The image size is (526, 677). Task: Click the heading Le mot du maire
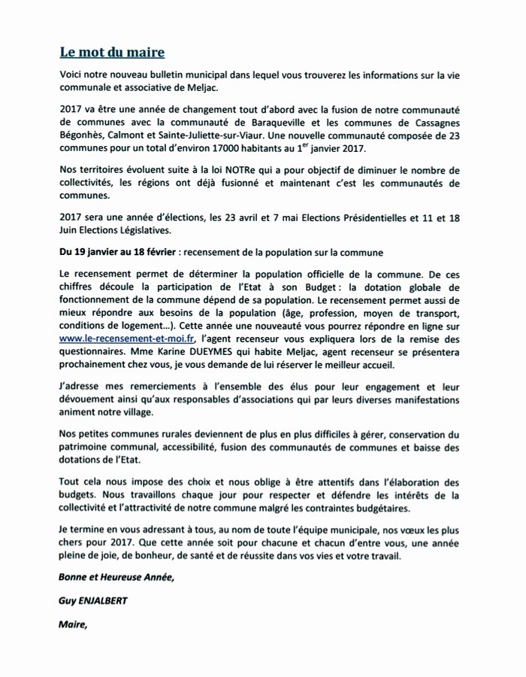coord(112,53)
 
